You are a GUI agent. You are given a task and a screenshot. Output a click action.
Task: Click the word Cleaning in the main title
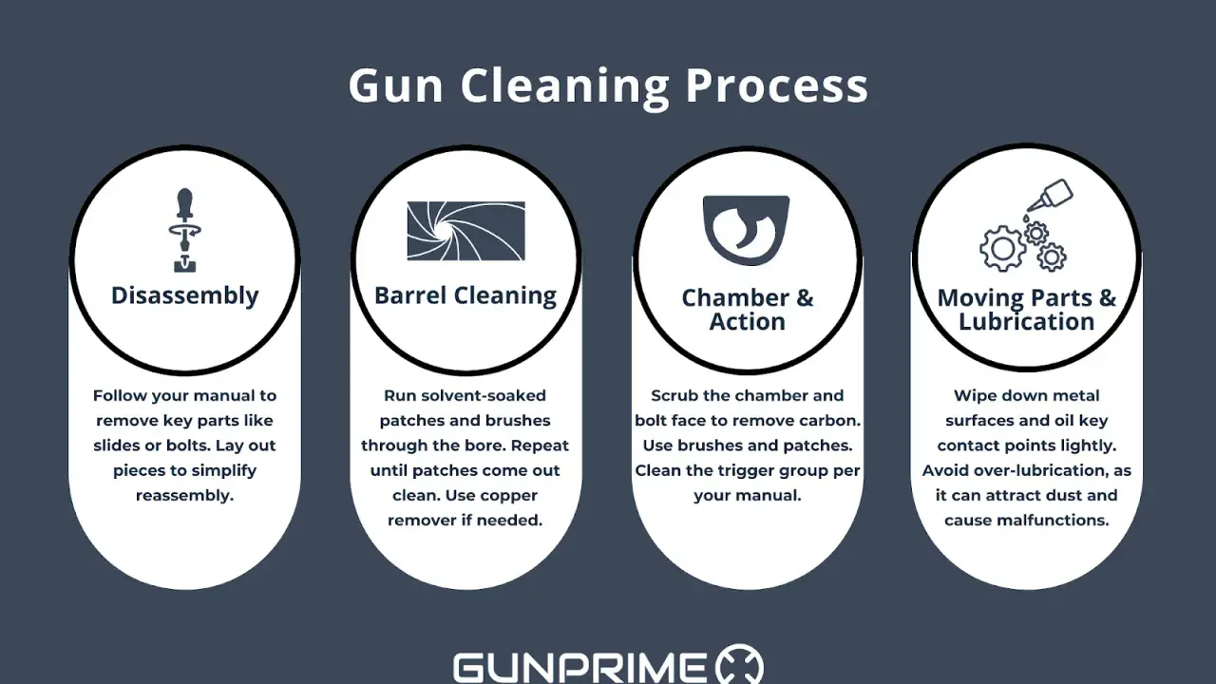click(565, 86)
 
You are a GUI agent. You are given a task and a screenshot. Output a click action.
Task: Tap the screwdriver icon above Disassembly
click(184, 230)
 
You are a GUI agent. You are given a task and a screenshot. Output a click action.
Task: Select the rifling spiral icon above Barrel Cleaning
click(465, 231)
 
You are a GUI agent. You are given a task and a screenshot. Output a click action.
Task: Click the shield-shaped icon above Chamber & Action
click(746, 230)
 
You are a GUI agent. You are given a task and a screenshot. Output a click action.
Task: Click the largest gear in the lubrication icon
click(1002, 249)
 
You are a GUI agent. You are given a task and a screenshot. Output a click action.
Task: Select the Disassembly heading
click(184, 296)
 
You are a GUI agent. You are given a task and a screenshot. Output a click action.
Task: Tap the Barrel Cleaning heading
click(465, 296)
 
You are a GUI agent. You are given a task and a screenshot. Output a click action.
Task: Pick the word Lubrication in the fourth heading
click(1026, 321)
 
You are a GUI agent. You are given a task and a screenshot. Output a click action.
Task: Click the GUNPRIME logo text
click(579, 667)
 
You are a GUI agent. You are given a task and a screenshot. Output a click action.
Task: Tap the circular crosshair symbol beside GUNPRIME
click(739, 664)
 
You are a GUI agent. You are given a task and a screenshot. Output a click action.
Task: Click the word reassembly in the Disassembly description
click(184, 496)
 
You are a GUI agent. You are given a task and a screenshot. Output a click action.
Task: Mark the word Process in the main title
click(776, 86)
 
